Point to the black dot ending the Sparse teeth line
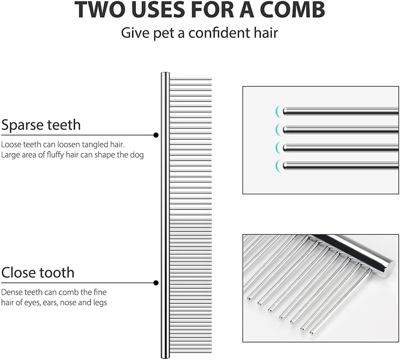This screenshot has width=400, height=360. [x=156, y=135]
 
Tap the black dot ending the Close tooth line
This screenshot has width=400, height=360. [x=156, y=283]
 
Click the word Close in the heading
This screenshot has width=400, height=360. [x=18, y=272]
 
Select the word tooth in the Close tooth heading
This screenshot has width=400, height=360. [x=56, y=272]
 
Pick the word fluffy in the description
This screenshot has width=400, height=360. [x=55, y=155]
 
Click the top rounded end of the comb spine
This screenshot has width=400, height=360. [x=165, y=73]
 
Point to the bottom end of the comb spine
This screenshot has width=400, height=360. [x=165, y=357]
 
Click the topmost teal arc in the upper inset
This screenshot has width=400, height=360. [x=277, y=111]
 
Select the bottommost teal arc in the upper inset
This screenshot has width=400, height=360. [x=277, y=166]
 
